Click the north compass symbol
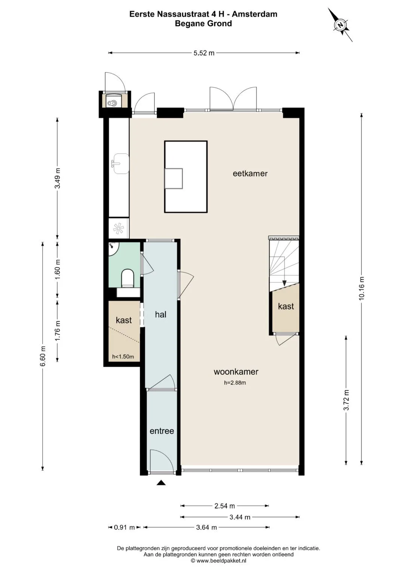[x=340, y=25]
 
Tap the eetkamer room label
[x=250, y=174]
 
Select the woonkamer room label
[x=236, y=372]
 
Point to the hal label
[x=161, y=314]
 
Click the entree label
[x=162, y=431]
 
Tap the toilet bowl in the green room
[x=128, y=278]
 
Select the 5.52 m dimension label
[x=204, y=53]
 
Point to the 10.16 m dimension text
[x=361, y=288]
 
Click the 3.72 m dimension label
[x=346, y=400]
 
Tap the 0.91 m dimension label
[x=124, y=527]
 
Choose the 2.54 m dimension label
[x=224, y=506]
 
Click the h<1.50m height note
[x=123, y=357]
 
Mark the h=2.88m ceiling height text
[x=235, y=383]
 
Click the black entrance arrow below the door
[x=161, y=482]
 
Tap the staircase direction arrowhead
[x=284, y=283]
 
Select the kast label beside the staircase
[x=286, y=306]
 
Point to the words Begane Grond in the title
[x=203, y=24]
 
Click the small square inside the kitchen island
[x=174, y=178]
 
